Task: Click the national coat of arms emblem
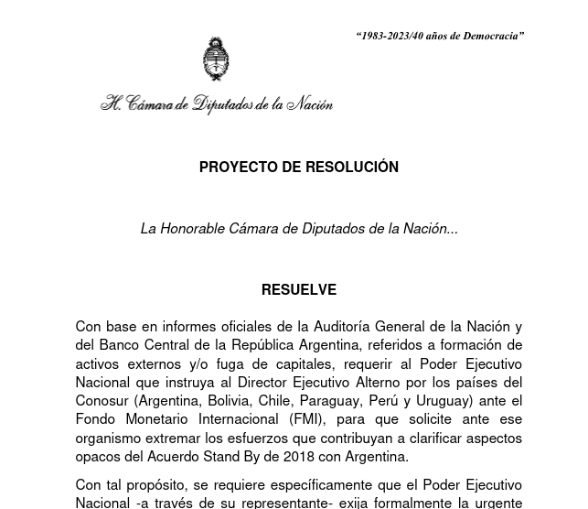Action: pos(216,60)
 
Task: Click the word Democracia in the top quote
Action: pos(494,36)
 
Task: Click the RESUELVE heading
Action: pos(299,290)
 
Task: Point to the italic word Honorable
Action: pos(192,229)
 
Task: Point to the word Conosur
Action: pos(102,401)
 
